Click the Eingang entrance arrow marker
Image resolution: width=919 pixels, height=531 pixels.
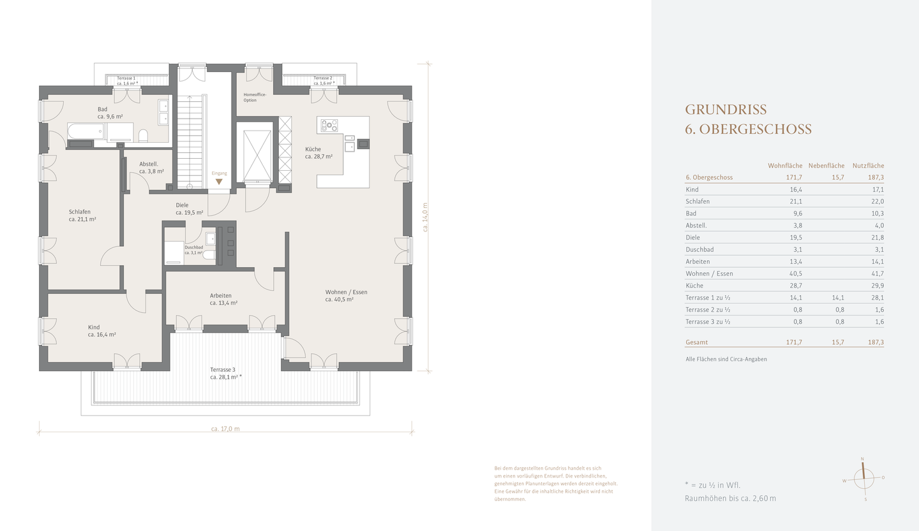(219, 182)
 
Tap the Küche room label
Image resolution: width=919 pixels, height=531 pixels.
(318, 153)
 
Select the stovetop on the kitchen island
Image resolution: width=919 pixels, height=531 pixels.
(329, 126)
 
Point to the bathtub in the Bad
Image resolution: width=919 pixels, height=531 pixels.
(86, 131)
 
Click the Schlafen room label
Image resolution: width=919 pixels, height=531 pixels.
(82, 215)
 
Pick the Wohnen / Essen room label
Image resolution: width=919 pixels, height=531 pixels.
(347, 296)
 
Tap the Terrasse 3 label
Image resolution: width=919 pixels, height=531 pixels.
(226, 374)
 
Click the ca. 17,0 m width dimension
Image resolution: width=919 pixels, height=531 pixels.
(225, 429)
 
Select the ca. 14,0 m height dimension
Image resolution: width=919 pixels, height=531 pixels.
(425, 217)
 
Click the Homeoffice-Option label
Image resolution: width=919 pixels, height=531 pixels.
(255, 98)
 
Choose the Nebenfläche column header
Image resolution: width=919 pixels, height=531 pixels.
(826, 166)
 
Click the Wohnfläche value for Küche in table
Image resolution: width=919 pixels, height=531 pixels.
(796, 286)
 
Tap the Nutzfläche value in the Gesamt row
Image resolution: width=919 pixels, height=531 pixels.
(876, 342)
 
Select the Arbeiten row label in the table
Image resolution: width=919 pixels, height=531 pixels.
(698, 261)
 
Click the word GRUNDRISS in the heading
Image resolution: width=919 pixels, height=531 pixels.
(726, 110)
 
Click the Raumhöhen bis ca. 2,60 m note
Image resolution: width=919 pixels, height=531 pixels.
(730, 498)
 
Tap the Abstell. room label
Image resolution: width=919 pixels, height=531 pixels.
(151, 168)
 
